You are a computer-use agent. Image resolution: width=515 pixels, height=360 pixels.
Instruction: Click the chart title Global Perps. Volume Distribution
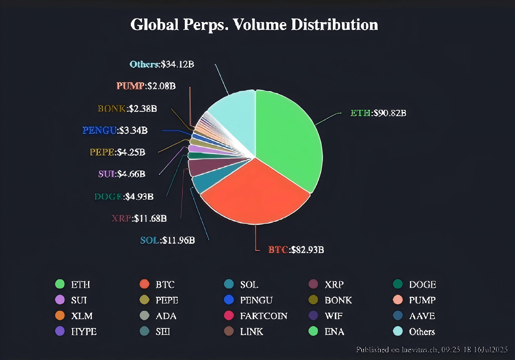pyautogui.click(x=254, y=25)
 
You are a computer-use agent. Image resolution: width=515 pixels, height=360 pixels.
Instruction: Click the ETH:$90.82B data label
pyautogui.click(x=378, y=113)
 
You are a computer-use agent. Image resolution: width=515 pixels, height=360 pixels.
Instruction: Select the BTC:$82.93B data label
pyautogui.click(x=296, y=250)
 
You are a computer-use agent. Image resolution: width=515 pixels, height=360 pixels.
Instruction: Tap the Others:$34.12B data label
pyautogui.click(x=162, y=64)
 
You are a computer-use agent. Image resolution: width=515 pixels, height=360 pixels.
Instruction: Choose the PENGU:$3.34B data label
pyautogui.click(x=115, y=130)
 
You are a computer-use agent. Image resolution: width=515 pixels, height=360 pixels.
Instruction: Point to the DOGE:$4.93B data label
pyautogui.click(x=124, y=197)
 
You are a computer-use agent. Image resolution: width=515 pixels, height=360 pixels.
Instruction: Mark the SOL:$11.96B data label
pyautogui.click(x=167, y=240)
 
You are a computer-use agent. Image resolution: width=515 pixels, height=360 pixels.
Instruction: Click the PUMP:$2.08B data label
pyautogui.click(x=146, y=86)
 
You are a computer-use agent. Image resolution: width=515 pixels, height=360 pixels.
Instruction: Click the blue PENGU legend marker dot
pyautogui.click(x=229, y=300)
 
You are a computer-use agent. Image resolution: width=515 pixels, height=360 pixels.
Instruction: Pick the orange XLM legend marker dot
pyautogui.click(x=60, y=316)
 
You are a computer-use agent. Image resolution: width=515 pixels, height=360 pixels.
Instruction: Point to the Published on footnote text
pyautogui.click(x=432, y=350)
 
